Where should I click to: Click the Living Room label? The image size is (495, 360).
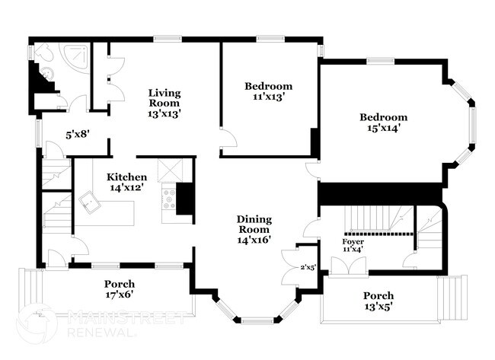[164, 97]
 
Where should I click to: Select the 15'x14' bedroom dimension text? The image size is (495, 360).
[383, 128]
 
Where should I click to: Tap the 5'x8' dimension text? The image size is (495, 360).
[78, 134]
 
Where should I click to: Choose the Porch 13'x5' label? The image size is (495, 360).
[378, 301]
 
